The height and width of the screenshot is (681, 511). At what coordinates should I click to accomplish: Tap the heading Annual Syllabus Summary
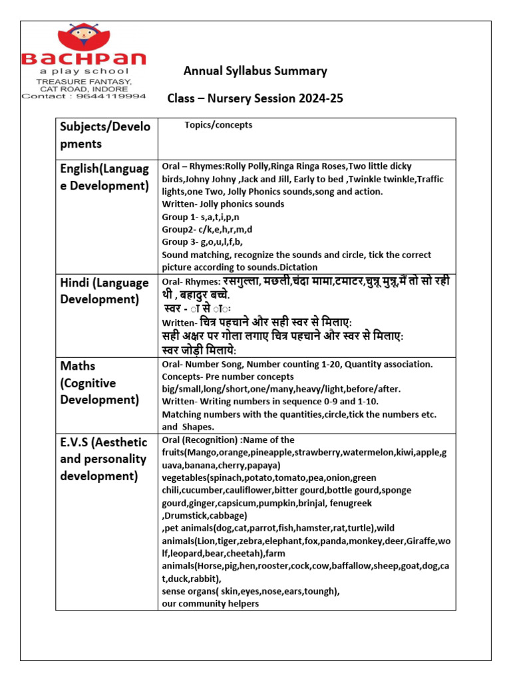(x=255, y=71)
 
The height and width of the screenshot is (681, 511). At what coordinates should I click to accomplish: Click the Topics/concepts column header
(x=218, y=125)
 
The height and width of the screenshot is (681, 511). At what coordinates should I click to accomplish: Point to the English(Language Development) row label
(x=104, y=177)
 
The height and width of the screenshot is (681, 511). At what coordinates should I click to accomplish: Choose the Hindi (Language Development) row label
(x=104, y=291)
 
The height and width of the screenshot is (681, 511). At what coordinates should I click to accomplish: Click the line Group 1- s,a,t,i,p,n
(x=202, y=217)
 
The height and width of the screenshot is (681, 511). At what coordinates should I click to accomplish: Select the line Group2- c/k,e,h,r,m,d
(x=207, y=229)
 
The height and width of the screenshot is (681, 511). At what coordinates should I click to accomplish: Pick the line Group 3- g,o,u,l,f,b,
(x=202, y=242)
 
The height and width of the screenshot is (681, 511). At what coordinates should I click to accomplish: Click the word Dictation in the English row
(x=324, y=267)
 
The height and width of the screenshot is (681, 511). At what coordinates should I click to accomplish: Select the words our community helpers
(x=210, y=604)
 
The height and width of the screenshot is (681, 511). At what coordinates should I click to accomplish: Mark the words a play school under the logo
(x=84, y=71)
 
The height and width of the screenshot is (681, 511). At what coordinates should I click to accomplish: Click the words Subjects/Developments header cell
(x=105, y=135)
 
